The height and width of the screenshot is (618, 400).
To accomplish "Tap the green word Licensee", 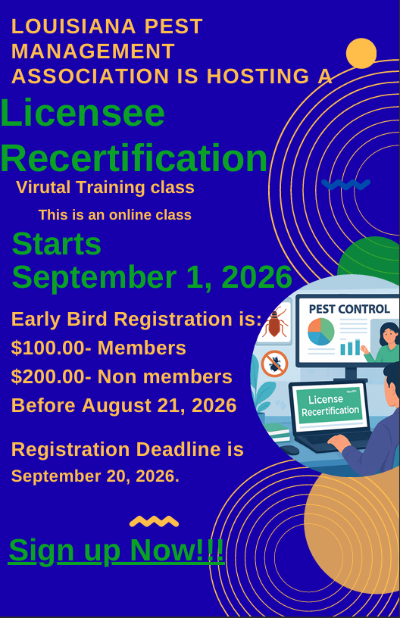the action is click(x=83, y=113).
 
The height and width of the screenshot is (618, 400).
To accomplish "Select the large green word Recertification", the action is click(x=134, y=158).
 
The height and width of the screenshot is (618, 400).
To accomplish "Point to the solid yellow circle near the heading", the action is click(x=361, y=53).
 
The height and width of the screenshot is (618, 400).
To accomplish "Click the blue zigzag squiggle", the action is click(x=346, y=184).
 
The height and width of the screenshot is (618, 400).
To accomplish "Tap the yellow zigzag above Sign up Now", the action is click(x=154, y=521).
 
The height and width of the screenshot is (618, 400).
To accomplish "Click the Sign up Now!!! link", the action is click(x=116, y=550).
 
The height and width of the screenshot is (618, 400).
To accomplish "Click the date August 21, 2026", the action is click(x=159, y=406).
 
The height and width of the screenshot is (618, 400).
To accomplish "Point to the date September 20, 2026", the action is click(x=95, y=476).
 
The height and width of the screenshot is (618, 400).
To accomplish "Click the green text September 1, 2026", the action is click(x=152, y=277).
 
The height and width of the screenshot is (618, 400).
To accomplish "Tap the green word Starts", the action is click(x=57, y=244).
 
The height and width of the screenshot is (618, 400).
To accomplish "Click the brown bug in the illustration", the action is click(x=275, y=323).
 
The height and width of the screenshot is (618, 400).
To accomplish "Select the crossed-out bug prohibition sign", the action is click(x=275, y=364).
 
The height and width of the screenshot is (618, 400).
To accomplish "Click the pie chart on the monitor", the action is click(x=320, y=332).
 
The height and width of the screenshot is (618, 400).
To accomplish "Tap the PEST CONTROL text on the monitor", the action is click(x=349, y=309).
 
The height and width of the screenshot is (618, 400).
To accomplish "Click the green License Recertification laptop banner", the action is click(x=330, y=406).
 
